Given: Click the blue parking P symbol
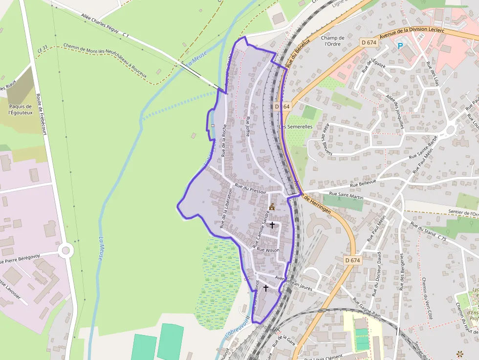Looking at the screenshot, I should coord(400,46).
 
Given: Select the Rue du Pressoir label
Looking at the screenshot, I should coord(250,189).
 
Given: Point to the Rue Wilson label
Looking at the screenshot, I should coord(268,250).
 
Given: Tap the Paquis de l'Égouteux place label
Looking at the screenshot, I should coord(20,109).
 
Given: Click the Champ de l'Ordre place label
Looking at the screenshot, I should coord(333,41).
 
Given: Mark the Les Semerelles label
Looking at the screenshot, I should coord(296,127).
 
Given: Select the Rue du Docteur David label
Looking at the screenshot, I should coord(376,274).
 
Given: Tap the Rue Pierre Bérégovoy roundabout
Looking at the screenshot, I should coord(65,251).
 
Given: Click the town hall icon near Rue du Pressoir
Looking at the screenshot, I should coord(272,207).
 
